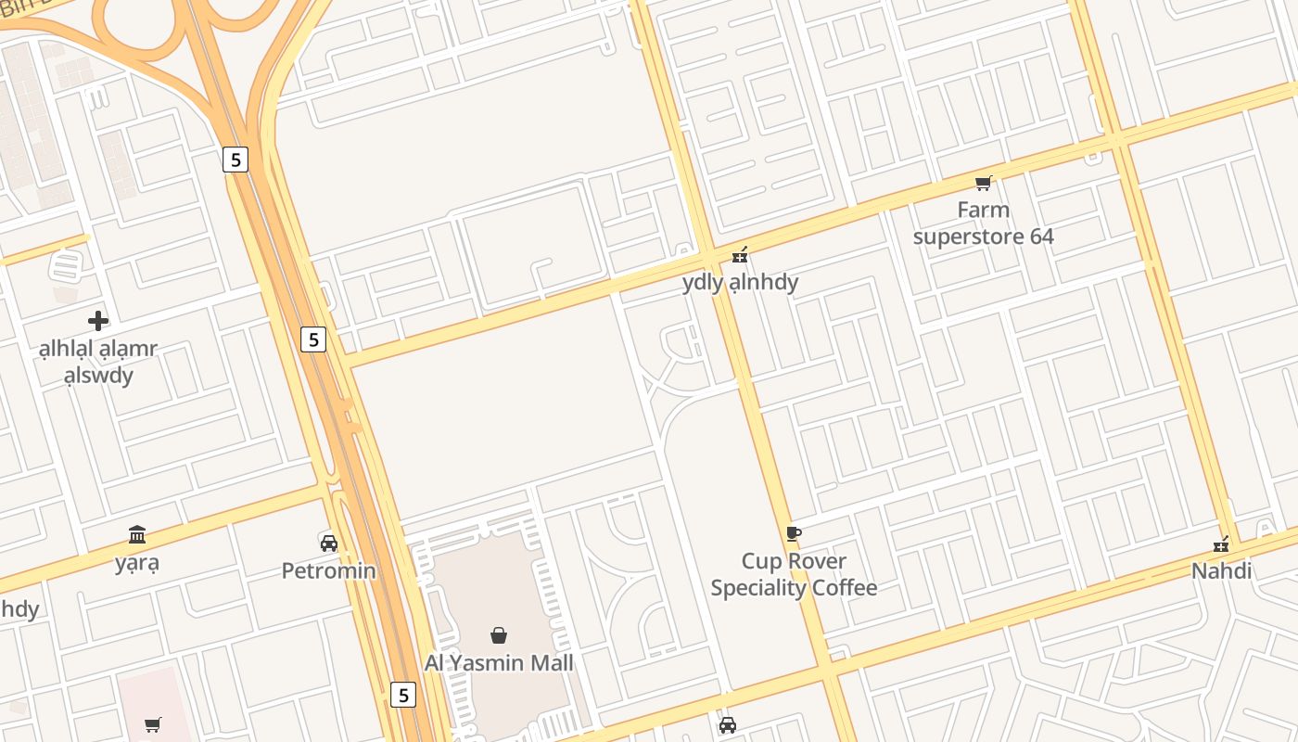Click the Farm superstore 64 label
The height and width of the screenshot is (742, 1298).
point(983,223)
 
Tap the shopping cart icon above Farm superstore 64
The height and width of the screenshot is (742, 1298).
point(983,183)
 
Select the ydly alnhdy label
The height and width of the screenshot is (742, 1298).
point(740,282)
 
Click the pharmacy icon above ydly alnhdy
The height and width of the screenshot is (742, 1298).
point(740,253)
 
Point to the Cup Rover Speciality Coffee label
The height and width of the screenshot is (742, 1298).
point(794,574)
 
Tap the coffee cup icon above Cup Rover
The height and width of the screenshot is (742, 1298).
point(793,532)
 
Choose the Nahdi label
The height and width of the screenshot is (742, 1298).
point(1221,570)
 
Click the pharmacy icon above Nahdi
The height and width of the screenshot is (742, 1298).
point(1221,544)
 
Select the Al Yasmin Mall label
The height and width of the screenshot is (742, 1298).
point(499,662)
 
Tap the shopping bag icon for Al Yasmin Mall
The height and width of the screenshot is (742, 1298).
point(499,634)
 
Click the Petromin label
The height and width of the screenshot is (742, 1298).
point(329,570)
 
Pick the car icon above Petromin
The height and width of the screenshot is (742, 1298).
point(328,543)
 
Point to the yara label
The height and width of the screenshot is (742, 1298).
point(137,562)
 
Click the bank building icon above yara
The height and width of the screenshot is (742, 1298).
point(137,534)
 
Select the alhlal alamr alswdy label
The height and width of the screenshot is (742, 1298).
point(98,362)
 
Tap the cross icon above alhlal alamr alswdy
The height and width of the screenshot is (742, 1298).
point(98,321)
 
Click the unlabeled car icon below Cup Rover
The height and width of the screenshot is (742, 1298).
point(728,724)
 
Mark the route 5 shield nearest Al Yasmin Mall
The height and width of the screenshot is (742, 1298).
point(402,694)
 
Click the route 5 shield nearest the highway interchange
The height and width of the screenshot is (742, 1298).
point(235,160)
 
